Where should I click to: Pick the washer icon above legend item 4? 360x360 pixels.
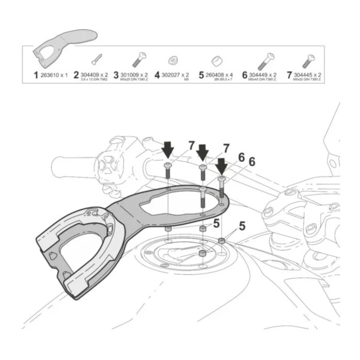point(173,60)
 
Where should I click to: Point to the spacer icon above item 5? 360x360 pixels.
point(216,61)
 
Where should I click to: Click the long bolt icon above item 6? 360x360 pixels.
point(265,60)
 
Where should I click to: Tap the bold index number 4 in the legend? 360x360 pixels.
point(157,76)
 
